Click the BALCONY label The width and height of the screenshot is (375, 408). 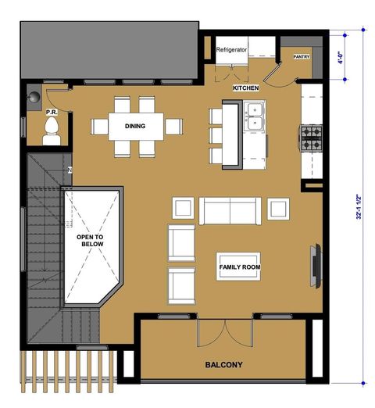[224, 365]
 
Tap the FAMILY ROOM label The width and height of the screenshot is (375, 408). [239, 267]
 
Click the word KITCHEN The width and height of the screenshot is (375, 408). [245, 88]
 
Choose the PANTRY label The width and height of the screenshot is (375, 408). [302, 57]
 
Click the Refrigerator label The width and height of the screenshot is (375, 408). [232, 49]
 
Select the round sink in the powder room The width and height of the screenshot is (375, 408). [34, 98]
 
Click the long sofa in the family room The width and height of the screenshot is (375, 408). [229, 209]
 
